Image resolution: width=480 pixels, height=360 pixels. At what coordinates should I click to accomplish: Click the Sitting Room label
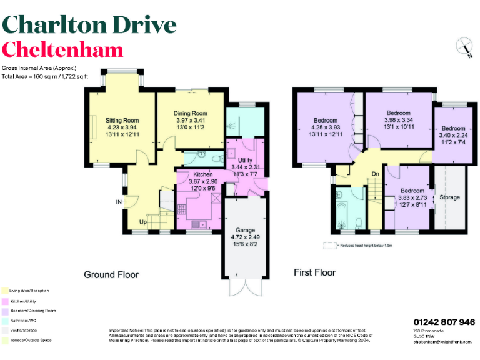pyautogui.click(x=122, y=120)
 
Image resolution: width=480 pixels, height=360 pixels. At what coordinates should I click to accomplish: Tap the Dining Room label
pyautogui.click(x=190, y=113)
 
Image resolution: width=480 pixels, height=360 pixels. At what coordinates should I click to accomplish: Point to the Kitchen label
pyautogui.click(x=203, y=174)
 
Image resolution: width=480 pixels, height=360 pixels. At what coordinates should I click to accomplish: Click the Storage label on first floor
pyautogui.click(x=449, y=197)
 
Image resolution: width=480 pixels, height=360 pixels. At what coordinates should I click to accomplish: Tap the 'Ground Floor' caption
pyautogui.click(x=111, y=274)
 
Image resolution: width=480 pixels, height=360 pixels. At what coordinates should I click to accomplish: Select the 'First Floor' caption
pyautogui.click(x=314, y=272)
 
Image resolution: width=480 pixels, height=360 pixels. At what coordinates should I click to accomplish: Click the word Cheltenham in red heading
pyautogui.click(x=63, y=50)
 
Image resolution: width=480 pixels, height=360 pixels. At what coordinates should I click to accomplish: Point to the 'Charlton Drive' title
pyautogui.click(x=89, y=24)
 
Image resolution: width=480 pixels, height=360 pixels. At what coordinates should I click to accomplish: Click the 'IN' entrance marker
pyautogui.click(x=118, y=202)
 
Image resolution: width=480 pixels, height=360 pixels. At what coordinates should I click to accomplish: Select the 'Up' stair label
pyautogui.click(x=142, y=222)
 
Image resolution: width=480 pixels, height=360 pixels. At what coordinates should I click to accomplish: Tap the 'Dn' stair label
pyautogui.click(x=375, y=174)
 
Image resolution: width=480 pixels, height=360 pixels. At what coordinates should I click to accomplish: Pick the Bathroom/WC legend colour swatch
pyautogui.click(x=5, y=320)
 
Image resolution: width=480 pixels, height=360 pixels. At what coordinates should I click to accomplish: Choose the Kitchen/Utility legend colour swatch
pyautogui.click(x=5, y=301)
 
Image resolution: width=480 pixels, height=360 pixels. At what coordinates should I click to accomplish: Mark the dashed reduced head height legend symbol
pyautogui.click(x=329, y=246)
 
